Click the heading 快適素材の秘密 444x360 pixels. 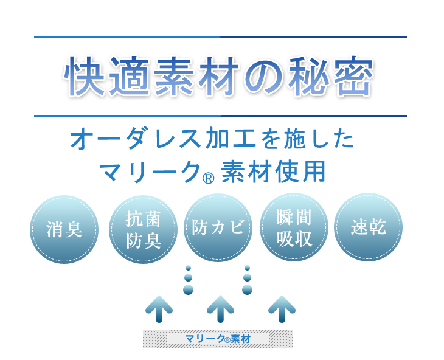[218, 76]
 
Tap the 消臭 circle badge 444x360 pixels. [64, 229]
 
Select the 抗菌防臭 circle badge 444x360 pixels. [143, 229]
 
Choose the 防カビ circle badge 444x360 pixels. [218, 227]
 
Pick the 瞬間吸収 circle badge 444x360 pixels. [294, 227]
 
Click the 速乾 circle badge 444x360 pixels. [369, 227]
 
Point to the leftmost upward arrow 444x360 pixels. [159, 309]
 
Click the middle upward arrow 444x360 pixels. [220, 309]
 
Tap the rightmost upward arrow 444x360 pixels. [282, 309]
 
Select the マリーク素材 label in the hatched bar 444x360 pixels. [218, 339]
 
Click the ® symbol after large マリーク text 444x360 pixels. [209, 178]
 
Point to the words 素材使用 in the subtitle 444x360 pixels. [273, 171]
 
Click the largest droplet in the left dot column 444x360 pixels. [189, 289]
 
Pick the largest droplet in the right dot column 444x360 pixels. [247, 289]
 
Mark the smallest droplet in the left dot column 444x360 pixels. [189, 268]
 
